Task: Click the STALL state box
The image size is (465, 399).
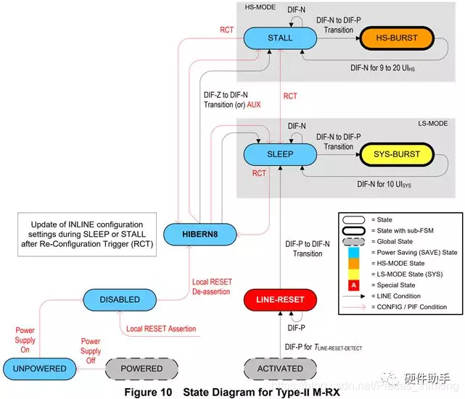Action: click(x=280, y=38)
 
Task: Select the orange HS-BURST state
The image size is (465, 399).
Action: click(x=397, y=38)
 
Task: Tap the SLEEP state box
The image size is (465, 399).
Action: click(x=280, y=154)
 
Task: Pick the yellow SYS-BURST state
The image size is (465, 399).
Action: click(x=397, y=154)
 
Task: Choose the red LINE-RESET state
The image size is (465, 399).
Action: click(x=280, y=299)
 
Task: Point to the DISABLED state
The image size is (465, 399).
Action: click(x=120, y=299)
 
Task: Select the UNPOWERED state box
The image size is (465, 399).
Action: click(x=38, y=369)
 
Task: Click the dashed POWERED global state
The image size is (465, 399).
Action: click(x=141, y=369)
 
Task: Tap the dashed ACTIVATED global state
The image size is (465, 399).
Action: click(x=280, y=369)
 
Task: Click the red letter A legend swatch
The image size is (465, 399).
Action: click(x=353, y=285)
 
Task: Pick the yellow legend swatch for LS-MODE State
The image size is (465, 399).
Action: click(x=353, y=274)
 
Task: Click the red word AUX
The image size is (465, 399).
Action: click(x=252, y=104)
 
